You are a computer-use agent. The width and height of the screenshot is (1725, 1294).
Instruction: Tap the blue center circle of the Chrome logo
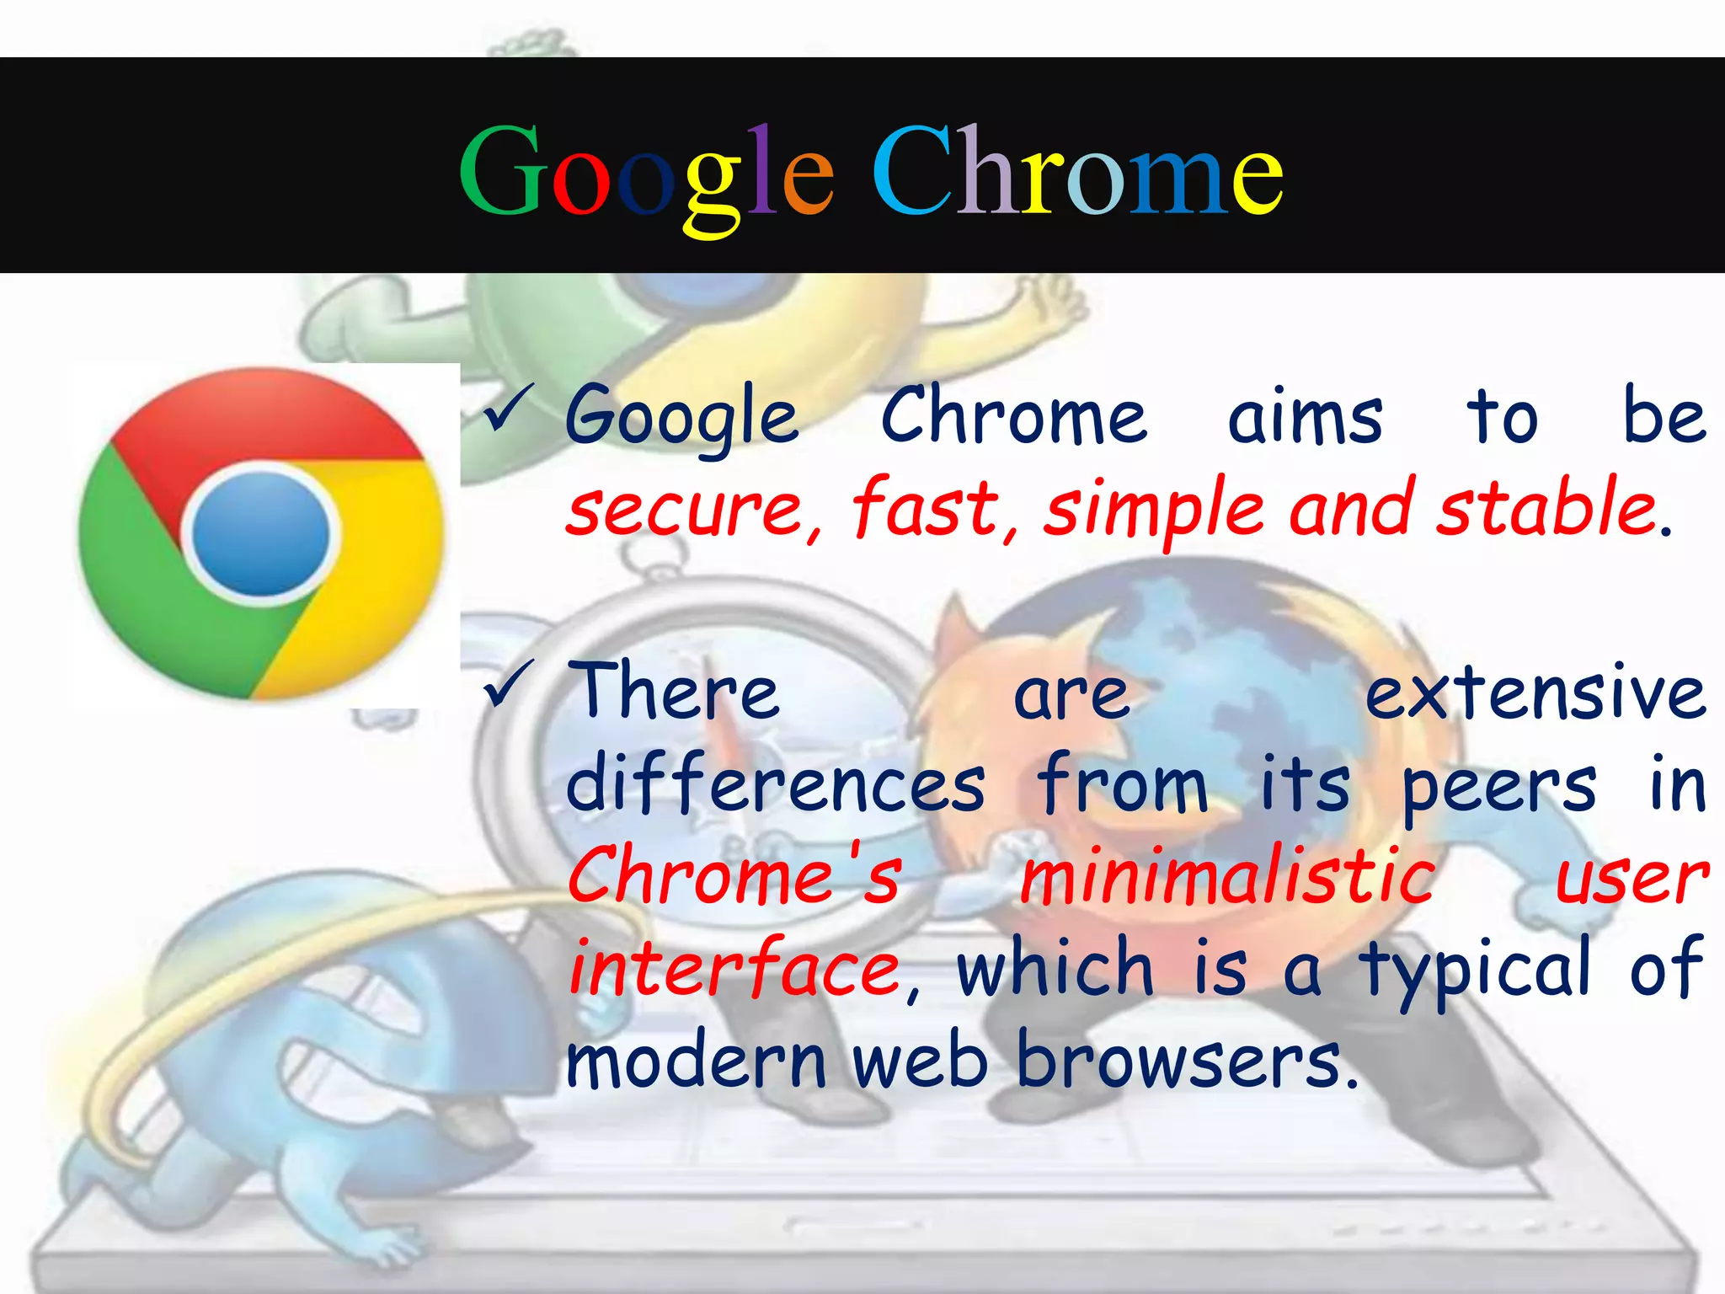tap(260, 532)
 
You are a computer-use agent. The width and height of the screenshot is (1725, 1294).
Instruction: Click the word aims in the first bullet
tap(1305, 417)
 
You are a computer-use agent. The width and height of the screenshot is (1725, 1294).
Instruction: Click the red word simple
tap(1154, 510)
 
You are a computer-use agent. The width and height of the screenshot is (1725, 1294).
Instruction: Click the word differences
tap(775, 784)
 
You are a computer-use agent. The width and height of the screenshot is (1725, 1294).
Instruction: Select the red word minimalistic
tap(1227, 877)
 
